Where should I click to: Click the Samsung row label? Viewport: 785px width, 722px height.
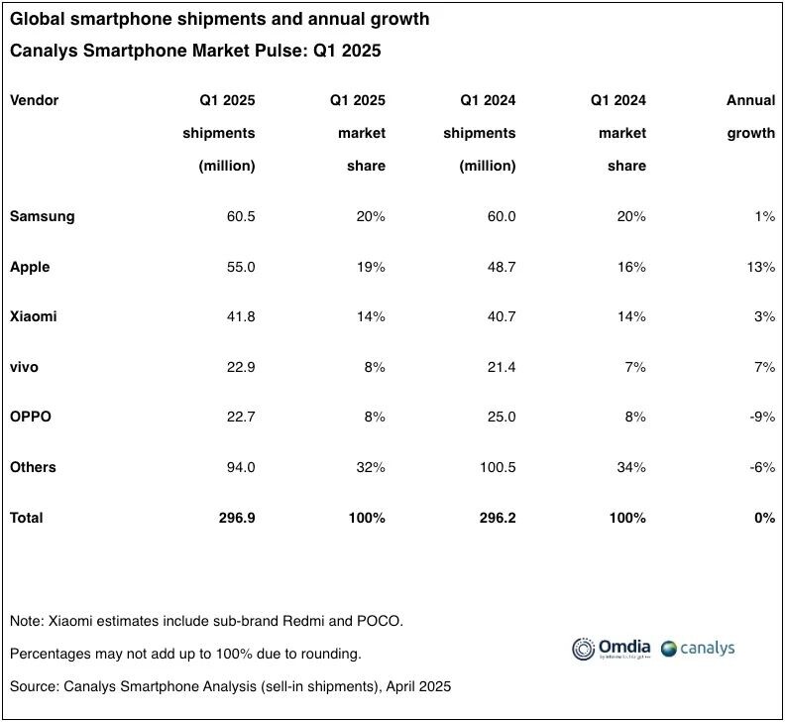click(42, 216)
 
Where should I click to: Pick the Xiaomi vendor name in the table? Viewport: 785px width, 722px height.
click(34, 316)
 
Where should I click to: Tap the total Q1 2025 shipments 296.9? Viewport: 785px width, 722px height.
click(234, 518)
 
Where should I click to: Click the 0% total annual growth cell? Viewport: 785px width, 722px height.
click(764, 518)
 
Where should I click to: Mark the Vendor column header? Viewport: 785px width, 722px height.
click(35, 100)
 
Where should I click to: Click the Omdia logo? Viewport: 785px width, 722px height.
click(612, 649)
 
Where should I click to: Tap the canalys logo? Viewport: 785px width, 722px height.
click(698, 649)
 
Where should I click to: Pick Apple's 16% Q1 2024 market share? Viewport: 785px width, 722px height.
click(629, 267)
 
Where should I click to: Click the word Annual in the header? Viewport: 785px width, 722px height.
click(750, 100)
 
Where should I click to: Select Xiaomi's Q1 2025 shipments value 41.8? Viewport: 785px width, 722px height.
click(238, 316)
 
